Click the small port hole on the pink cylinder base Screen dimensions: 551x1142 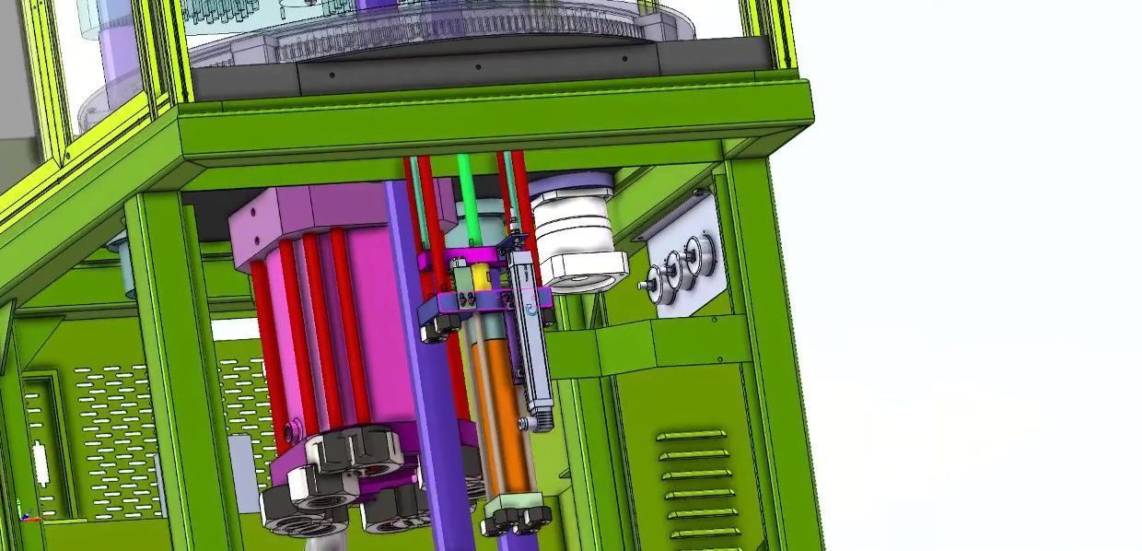(294, 430)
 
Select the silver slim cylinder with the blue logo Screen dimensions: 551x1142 (533, 341)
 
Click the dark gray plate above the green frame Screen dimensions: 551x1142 (479, 70)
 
